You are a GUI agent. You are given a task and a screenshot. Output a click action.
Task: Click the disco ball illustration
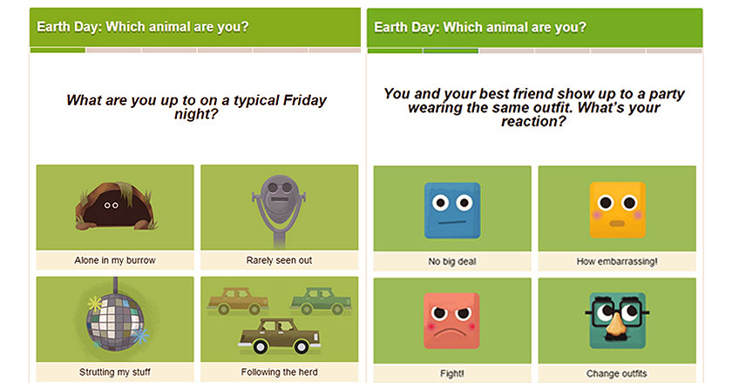click(x=115, y=322)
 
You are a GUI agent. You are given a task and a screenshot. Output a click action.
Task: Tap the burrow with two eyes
click(x=115, y=206)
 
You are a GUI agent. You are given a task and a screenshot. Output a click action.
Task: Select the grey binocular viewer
click(x=279, y=209)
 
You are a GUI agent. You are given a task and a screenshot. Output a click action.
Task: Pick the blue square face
click(x=452, y=211)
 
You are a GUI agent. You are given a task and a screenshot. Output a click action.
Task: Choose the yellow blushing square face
click(x=617, y=210)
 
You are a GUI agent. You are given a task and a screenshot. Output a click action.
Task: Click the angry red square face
click(x=451, y=320)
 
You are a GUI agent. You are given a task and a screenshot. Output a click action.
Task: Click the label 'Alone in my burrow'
click(x=115, y=260)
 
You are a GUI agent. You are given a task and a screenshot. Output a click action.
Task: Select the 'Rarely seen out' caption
click(x=279, y=260)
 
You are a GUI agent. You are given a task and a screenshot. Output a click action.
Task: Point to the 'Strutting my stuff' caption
click(x=115, y=372)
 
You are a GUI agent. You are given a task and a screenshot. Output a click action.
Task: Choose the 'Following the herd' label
click(x=279, y=372)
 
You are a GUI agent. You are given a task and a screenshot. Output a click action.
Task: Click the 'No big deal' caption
click(x=452, y=261)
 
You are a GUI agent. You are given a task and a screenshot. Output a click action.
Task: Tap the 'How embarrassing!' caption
click(x=617, y=261)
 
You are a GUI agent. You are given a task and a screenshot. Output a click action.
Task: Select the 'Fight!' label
click(x=452, y=373)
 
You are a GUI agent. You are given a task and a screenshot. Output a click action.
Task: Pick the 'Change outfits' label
click(x=617, y=373)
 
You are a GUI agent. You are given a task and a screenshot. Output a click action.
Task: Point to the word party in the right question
click(x=667, y=94)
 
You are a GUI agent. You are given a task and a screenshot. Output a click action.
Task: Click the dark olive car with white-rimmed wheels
click(x=280, y=336)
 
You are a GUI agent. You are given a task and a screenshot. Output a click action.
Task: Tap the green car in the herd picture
click(x=322, y=300)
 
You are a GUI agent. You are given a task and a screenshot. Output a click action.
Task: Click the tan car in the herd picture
click(x=238, y=301)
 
